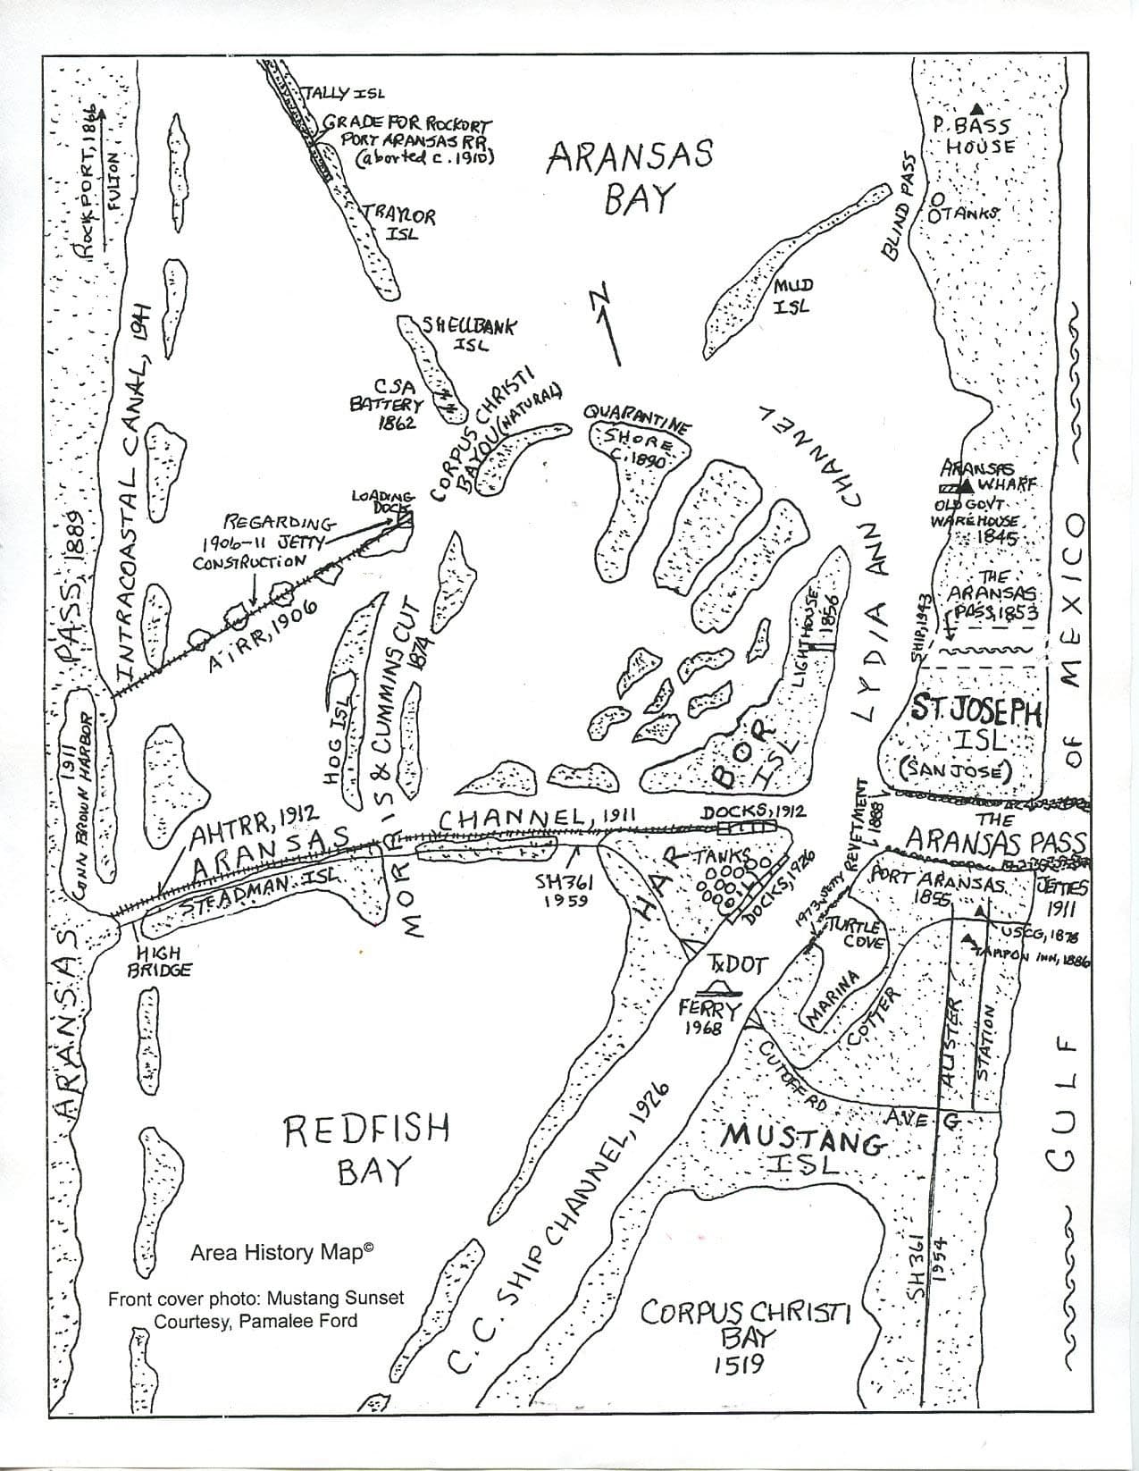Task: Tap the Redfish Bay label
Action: [366, 1148]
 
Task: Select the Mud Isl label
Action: [791, 295]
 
